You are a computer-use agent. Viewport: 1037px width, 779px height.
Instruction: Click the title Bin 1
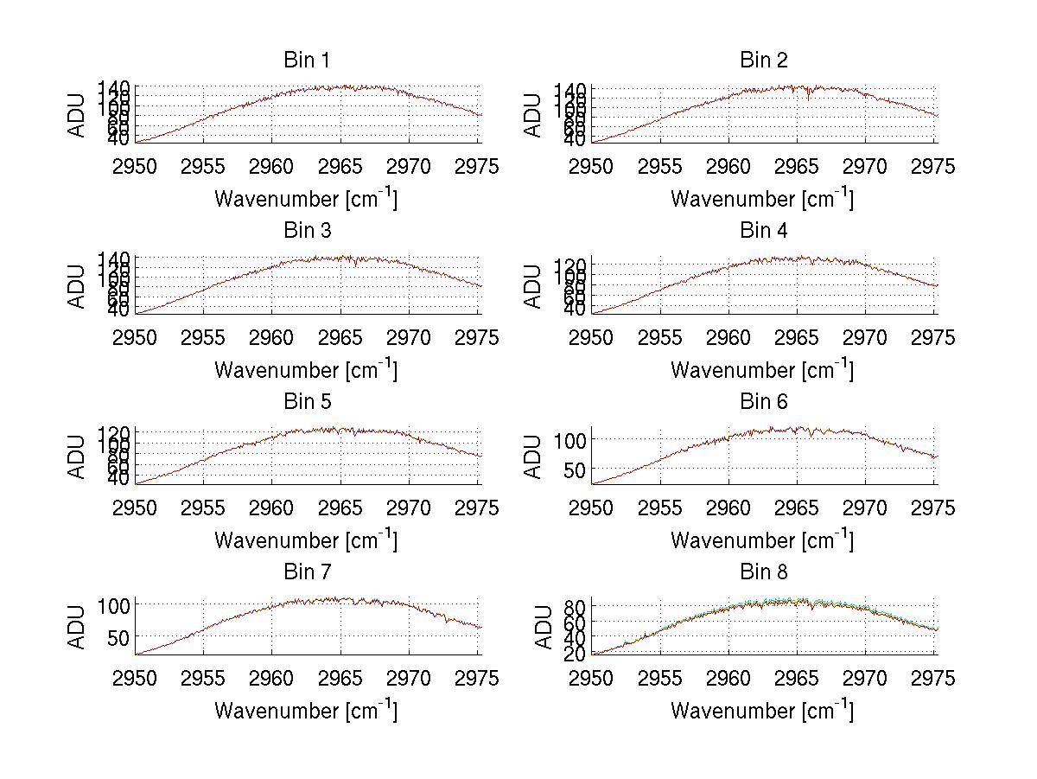[x=307, y=61]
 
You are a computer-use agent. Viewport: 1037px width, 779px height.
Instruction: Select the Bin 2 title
[x=763, y=61]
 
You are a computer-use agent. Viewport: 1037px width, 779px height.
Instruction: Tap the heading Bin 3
[x=307, y=231]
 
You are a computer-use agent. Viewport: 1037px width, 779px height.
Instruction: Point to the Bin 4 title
[x=763, y=231]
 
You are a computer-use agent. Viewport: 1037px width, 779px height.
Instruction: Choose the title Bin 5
[x=307, y=402]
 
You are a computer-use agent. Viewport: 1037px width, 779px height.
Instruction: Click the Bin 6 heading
[x=763, y=402]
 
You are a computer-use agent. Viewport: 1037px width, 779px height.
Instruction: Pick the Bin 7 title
[x=307, y=572]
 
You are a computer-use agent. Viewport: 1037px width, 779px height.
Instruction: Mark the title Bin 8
[x=763, y=572]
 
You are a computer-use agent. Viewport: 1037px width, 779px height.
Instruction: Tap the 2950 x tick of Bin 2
[x=592, y=166]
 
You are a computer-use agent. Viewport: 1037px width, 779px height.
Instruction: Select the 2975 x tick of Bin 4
[x=934, y=337]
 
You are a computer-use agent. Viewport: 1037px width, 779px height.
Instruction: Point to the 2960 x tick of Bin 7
[x=272, y=679]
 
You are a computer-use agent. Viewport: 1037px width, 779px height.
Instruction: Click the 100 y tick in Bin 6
[x=570, y=439]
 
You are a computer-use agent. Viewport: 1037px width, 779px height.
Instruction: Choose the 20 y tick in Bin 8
[x=575, y=654]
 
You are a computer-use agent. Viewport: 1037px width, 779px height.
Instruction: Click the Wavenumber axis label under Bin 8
[x=761, y=711]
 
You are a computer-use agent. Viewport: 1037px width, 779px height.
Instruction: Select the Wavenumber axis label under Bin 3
[x=306, y=369]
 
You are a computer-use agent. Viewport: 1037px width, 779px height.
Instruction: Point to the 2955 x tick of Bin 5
[x=204, y=508]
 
